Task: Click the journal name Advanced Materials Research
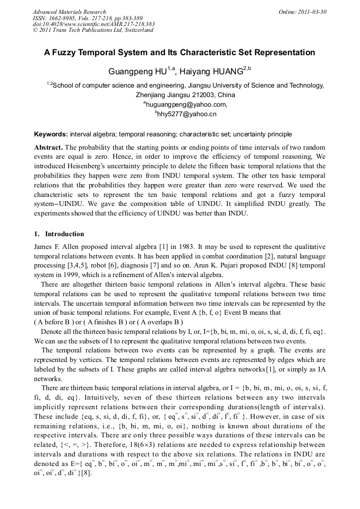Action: click(69, 12)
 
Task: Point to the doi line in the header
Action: click(93, 24)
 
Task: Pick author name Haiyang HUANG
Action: click(211, 71)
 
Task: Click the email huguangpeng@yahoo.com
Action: click(179, 105)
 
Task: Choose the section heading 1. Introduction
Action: click(59, 234)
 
